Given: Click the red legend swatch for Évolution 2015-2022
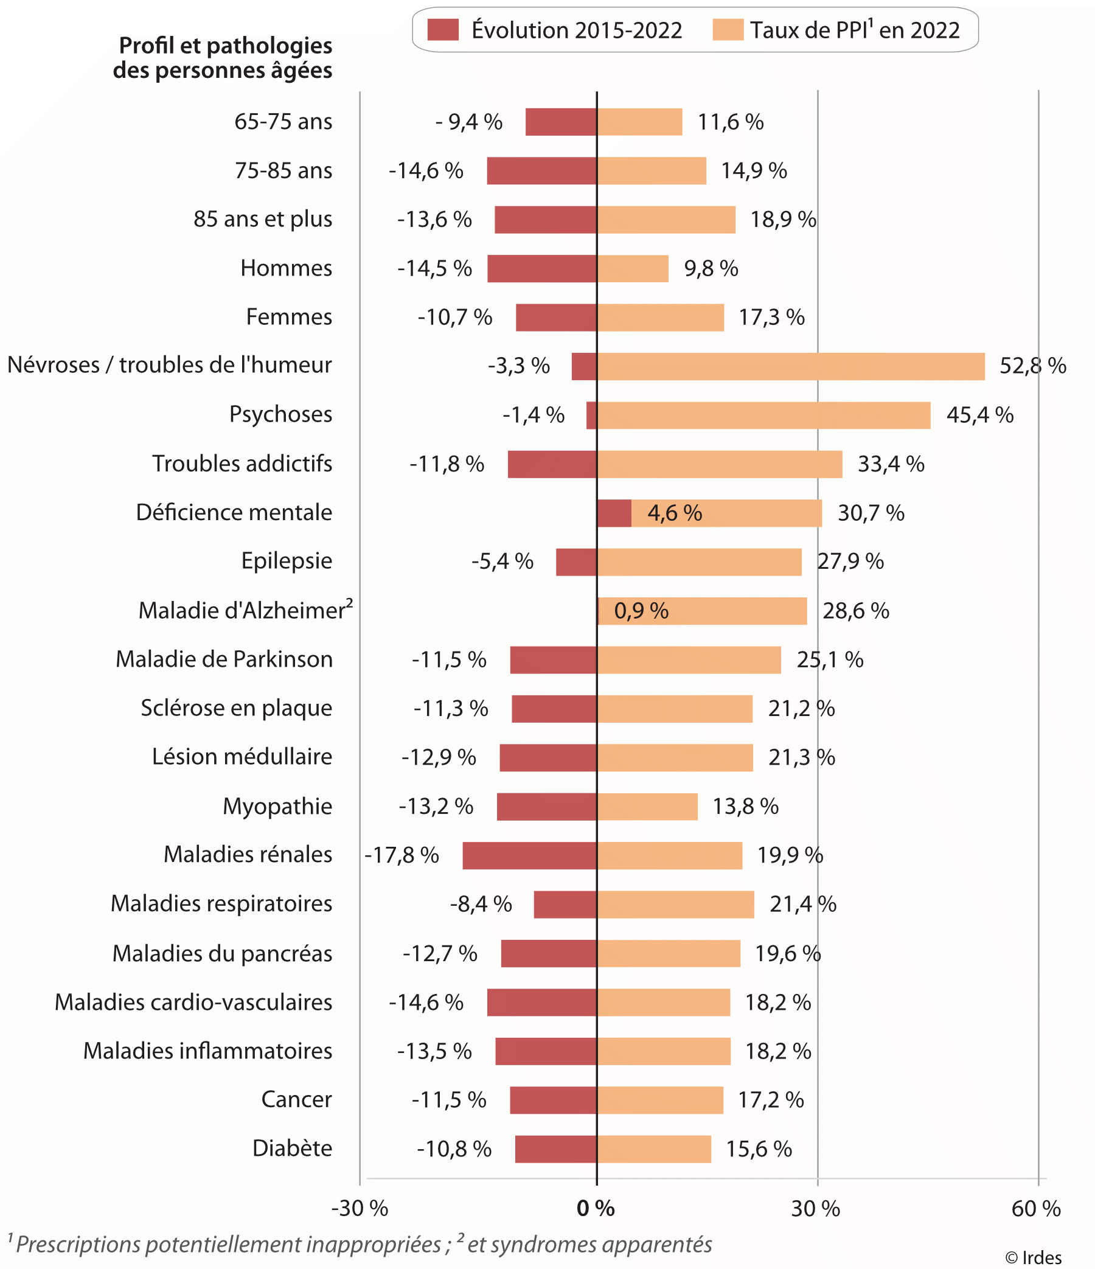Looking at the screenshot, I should [x=443, y=30].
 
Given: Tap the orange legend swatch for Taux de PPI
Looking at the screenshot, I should [x=728, y=30].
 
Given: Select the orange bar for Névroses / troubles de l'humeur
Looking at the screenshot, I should [x=791, y=366].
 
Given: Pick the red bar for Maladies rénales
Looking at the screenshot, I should [x=530, y=855].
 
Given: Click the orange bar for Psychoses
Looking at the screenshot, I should [x=763, y=415].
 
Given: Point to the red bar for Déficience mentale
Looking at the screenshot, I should [x=614, y=513].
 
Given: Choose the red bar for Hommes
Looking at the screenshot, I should [x=542, y=269].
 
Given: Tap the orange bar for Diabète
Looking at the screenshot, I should [x=654, y=1149].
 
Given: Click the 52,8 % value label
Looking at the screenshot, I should [x=1032, y=366].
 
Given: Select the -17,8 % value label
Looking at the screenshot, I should [x=401, y=855].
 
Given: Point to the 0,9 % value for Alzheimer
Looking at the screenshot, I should [x=641, y=611].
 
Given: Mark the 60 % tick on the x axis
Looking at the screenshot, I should [x=1036, y=1208].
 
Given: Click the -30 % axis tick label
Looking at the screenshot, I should [x=360, y=1208].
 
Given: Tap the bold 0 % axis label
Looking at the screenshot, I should [x=596, y=1208].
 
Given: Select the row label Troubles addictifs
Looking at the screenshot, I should [x=242, y=464].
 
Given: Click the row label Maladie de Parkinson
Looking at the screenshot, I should [x=224, y=659].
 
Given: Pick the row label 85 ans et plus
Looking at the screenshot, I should [x=263, y=219].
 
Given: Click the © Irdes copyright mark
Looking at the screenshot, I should [x=1034, y=1257].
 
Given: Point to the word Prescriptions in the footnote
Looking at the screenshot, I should [x=79, y=1245].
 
